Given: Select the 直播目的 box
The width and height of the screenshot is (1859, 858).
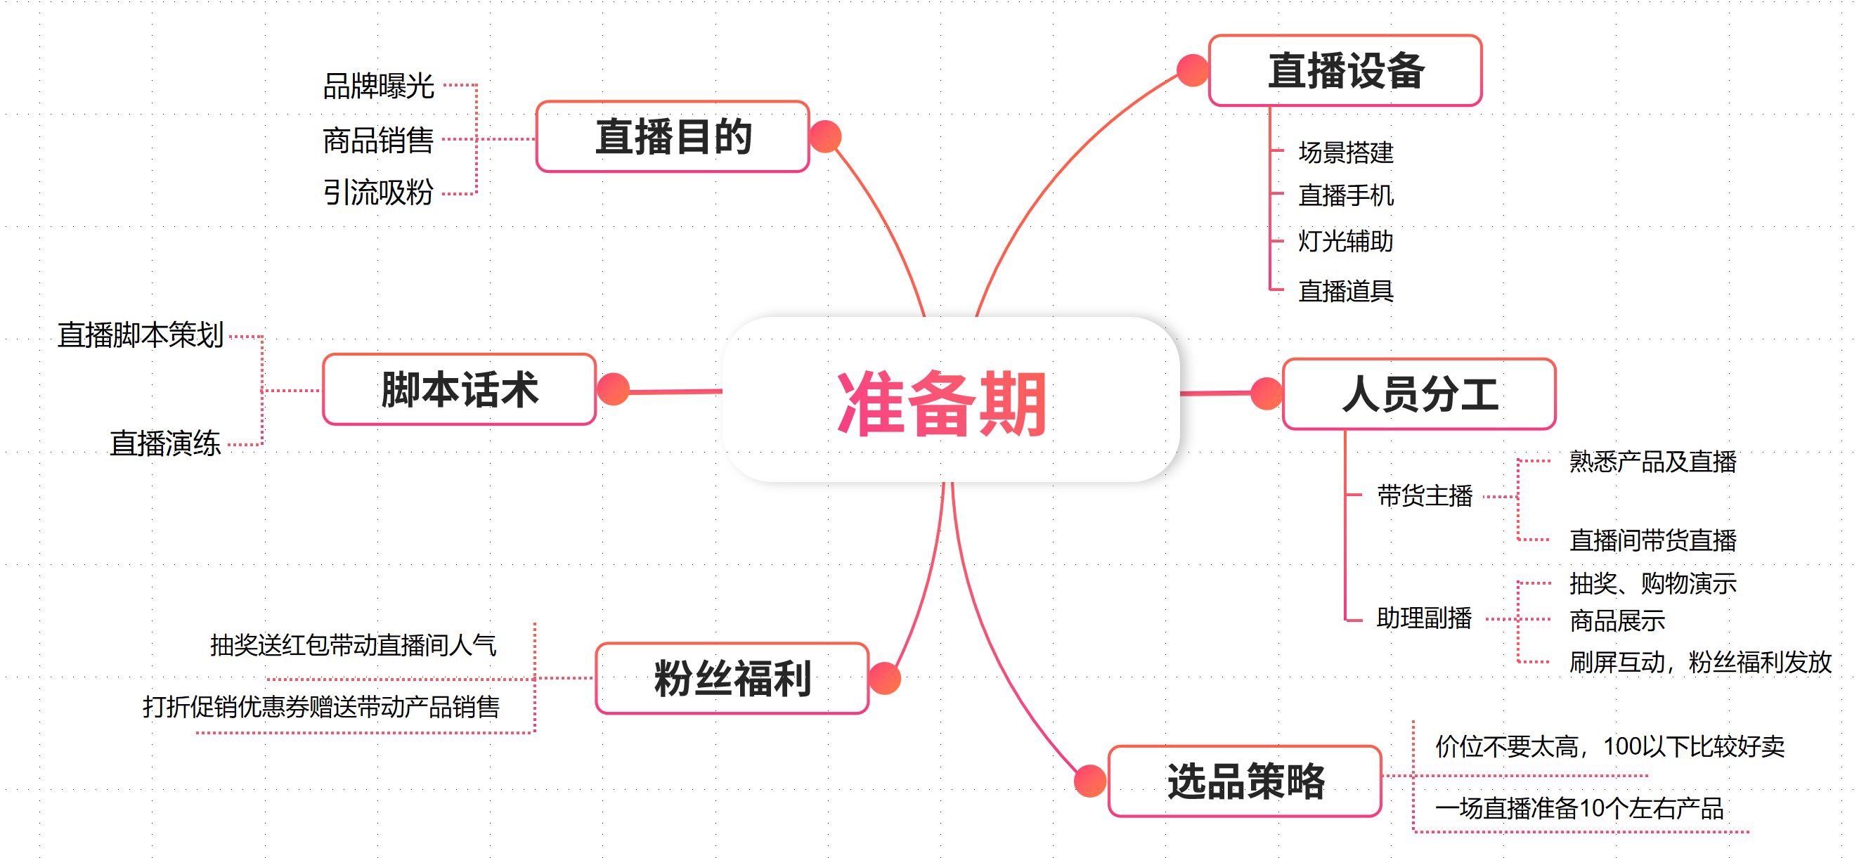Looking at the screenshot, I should click(672, 136).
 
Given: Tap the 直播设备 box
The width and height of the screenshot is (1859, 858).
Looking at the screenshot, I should click(1345, 71).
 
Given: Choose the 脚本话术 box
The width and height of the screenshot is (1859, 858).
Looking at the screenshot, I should click(459, 389).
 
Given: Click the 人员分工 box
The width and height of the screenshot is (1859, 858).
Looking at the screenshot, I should click(1418, 394).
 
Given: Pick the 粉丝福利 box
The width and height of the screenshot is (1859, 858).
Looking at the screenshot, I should click(732, 678).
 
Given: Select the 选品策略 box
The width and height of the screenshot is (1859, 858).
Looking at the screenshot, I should click(1244, 781).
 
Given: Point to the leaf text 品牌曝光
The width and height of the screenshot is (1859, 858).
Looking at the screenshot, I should click(378, 86).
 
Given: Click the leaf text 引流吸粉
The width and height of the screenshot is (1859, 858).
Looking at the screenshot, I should click(378, 193).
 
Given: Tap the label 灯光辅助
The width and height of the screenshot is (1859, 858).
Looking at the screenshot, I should click(1345, 241).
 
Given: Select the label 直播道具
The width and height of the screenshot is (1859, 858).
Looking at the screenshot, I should click(1345, 291).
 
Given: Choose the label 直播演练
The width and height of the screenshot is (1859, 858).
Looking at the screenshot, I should click(165, 443).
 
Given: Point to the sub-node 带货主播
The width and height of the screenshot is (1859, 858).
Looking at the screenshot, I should click(1425, 495).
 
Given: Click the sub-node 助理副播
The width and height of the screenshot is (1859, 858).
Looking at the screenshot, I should click(1424, 618).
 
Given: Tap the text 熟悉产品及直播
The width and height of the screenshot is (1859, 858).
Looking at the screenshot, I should click(1652, 462).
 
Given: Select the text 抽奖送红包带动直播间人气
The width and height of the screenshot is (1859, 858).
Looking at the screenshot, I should click(353, 645).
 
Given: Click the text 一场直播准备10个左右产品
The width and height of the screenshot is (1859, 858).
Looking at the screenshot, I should click(1579, 808).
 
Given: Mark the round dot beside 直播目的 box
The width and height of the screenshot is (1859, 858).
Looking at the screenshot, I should click(826, 136).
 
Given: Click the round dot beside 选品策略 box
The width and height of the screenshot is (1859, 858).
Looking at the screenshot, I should click(1089, 781).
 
